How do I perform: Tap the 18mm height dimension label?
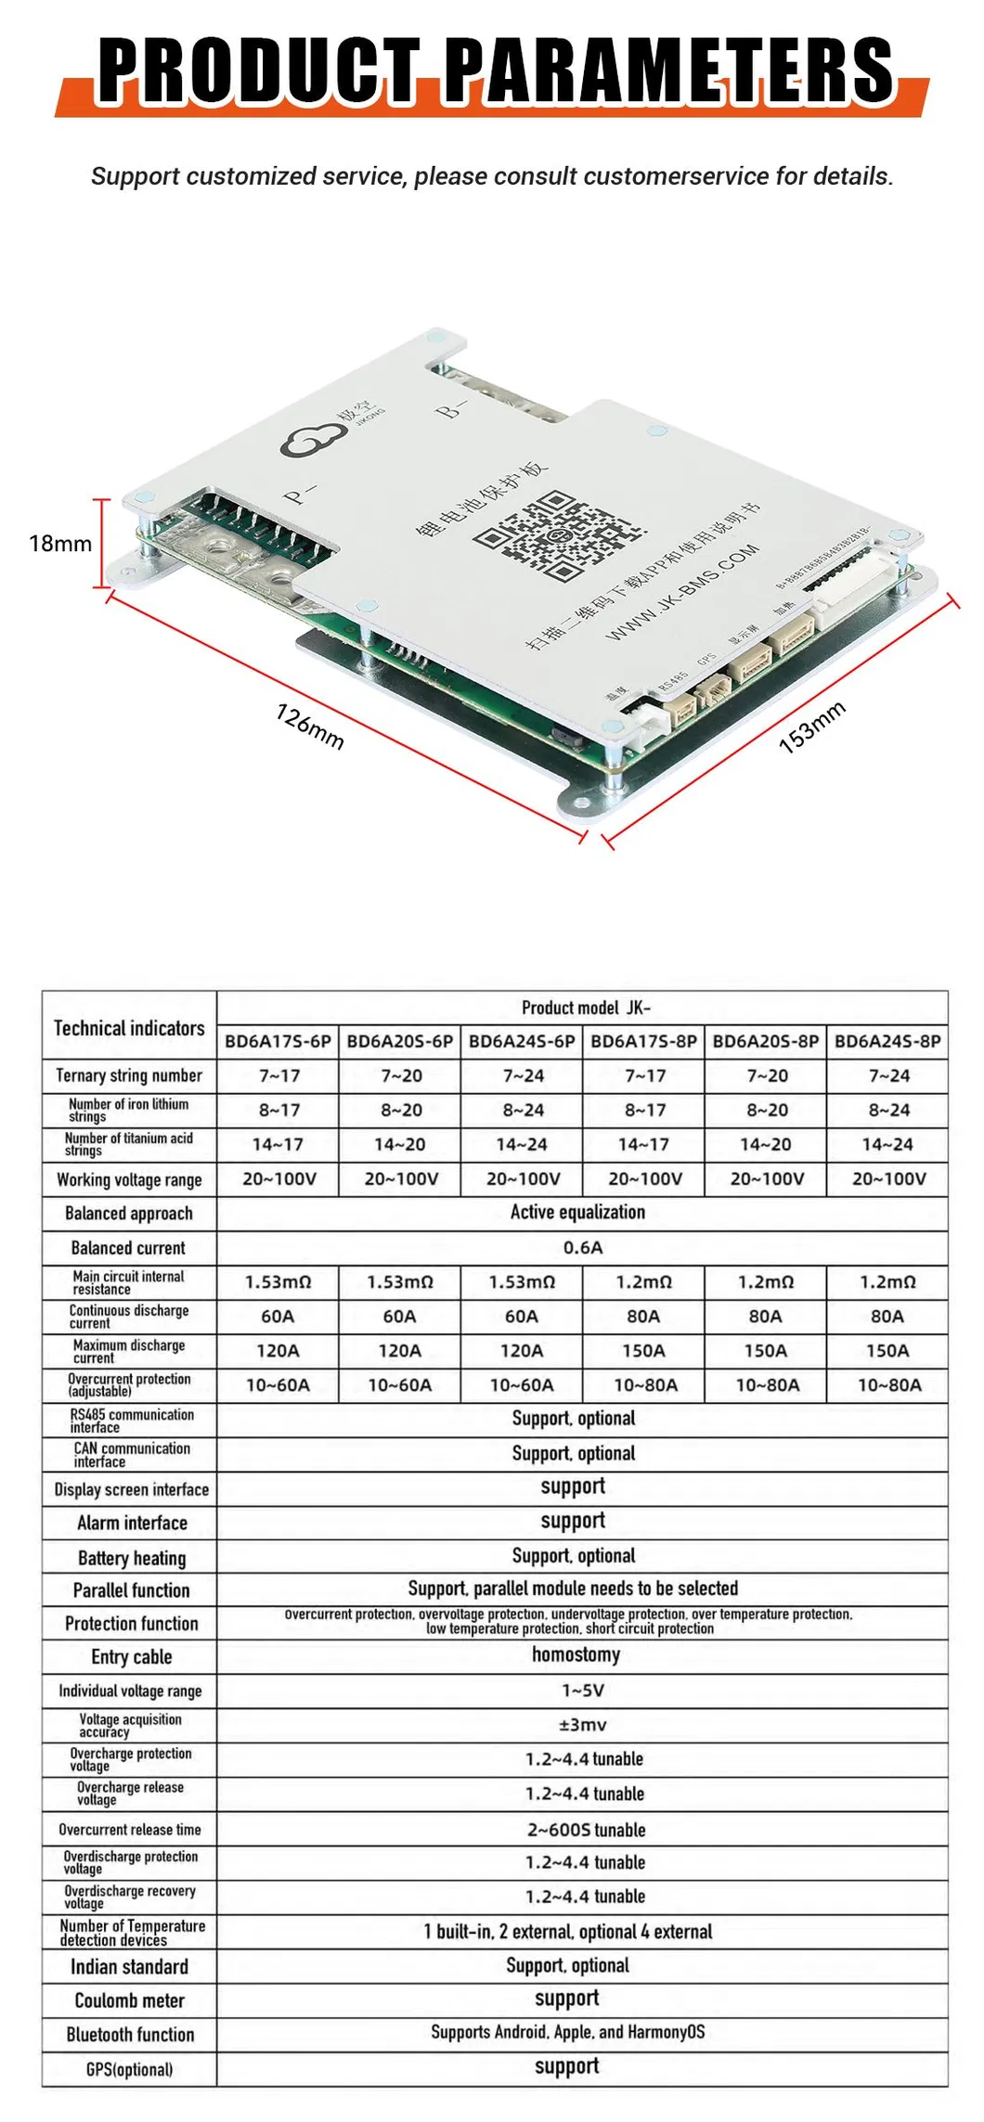(60, 544)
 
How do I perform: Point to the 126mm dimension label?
(310, 726)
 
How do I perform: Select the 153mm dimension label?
(811, 727)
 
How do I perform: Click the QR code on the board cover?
(558, 537)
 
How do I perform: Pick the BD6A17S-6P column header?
(278, 1041)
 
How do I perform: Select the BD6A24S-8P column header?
(887, 1041)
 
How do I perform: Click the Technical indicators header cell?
(129, 1028)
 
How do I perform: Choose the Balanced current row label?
(128, 1248)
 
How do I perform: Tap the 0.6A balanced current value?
(583, 1248)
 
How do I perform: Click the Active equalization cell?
(577, 1212)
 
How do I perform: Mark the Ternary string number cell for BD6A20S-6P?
(400, 1076)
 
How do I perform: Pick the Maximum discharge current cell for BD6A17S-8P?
(643, 1351)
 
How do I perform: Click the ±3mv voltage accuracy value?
(583, 1725)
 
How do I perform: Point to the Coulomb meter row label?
(129, 2000)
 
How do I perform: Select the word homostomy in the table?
(576, 1655)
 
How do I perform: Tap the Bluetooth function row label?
(130, 2035)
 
